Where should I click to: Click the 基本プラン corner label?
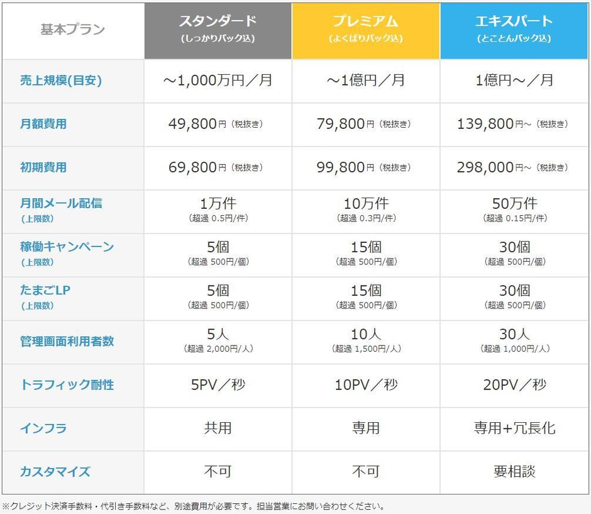73,30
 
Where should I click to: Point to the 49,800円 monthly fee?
193,124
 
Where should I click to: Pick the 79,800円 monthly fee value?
341,124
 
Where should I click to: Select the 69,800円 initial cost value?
193,167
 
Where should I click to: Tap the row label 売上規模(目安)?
60,81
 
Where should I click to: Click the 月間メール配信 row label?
60,203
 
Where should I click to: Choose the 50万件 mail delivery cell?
514,204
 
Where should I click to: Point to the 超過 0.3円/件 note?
366,218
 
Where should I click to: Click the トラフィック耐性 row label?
67,384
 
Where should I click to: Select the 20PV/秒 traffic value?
514,385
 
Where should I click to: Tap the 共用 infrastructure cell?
218,428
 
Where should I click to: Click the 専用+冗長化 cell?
514,428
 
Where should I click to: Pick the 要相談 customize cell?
514,472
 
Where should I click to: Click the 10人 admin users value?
366,334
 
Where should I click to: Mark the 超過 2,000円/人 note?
218,349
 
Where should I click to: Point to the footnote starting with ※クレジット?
192,506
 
